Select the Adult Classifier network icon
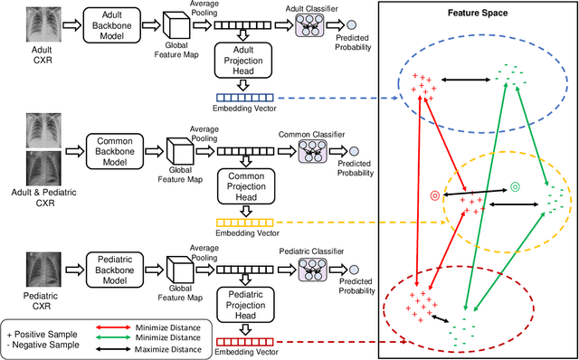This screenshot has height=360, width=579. coord(313,28)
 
